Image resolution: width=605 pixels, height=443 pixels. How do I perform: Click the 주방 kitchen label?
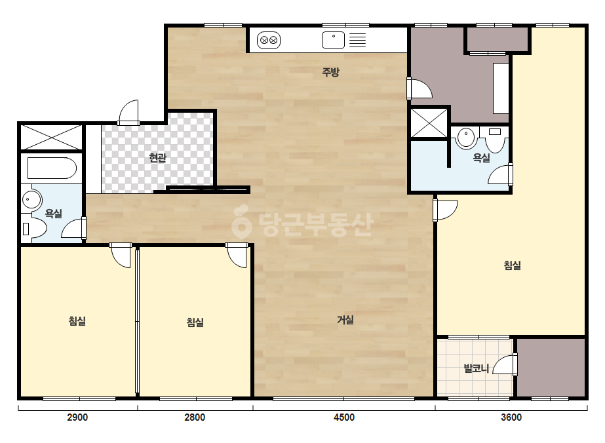click(x=330, y=72)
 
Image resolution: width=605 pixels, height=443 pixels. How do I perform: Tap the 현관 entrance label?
click(x=158, y=157)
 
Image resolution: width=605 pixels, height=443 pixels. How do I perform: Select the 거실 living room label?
click(x=345, y=320)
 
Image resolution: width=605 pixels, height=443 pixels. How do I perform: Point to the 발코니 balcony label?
click(x=476, y=368)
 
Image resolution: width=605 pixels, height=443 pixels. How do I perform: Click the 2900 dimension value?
click(x=77, y=417)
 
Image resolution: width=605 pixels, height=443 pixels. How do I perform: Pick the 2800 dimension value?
click(x=195, y=417)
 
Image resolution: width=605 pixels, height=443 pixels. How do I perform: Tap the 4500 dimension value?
click(x=344, y=417)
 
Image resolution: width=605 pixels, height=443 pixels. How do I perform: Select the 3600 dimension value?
click(x=511, y=417)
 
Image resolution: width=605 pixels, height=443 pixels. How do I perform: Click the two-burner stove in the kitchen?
click(x=269, y=40)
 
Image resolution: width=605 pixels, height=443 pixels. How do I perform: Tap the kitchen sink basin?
click(x=333, y=40)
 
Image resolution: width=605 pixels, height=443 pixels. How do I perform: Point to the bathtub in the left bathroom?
click(x=52, y=168)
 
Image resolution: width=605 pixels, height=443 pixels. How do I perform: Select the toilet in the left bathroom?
click(x=34, y=229)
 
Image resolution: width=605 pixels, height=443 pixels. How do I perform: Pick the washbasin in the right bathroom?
click(x=466, y=137)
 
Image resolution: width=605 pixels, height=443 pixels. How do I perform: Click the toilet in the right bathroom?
click(x=495, y=140)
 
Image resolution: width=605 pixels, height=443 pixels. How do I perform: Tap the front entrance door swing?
click(x=128, y=112)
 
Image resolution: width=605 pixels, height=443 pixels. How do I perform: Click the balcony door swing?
click(x=505, y=364)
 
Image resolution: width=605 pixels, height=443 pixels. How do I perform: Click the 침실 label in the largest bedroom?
click(x=513, y=265)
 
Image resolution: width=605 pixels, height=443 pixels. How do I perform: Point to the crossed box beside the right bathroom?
click(x=429, y=123)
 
